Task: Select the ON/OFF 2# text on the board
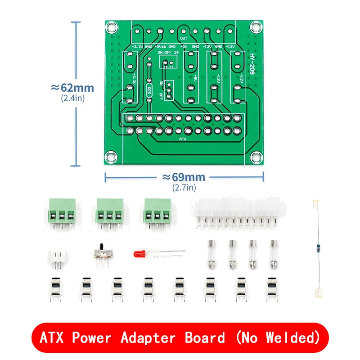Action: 167,53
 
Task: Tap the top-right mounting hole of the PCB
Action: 256,27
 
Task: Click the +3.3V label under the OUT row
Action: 136,46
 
